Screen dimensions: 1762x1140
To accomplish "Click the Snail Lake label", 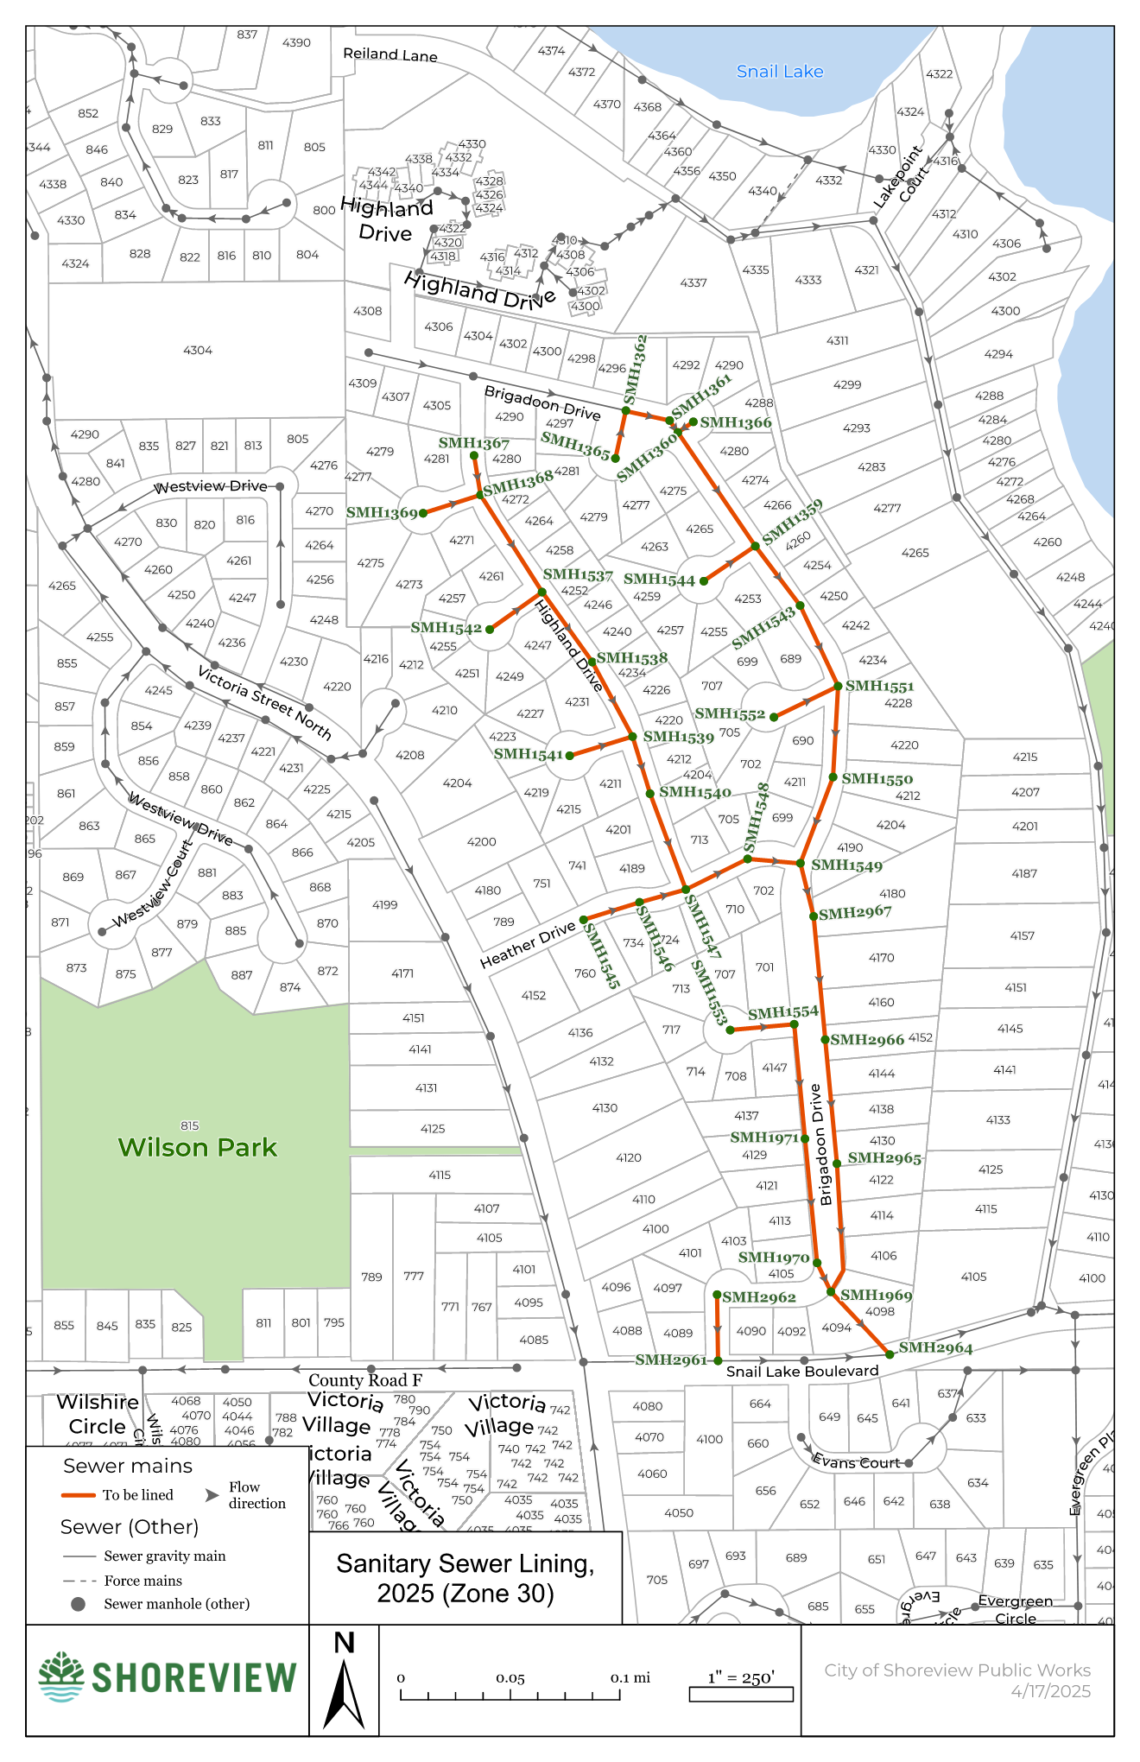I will pyautogui.click(x=779, y=72).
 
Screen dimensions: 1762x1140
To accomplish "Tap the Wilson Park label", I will pyautogui.click(x=197, y=1147).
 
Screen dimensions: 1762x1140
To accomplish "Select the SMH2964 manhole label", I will pyautogui.click(x=935, y=1347).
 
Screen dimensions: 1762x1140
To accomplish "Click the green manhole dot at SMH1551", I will pyautogui.click(x=838, y=686).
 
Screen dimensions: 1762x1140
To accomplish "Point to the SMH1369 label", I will pyautogui.click(x=381, y=512).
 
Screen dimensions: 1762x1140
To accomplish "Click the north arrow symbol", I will pyautogui.click(x=344, y=1684).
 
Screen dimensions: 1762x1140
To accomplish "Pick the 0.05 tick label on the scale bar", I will pyautogui.click(x=510, y=1678).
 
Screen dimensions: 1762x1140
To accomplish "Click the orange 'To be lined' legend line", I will pyautogui.click(x=78, y=1495).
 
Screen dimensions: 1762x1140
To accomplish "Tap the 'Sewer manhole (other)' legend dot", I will pyautogui.click(x=78, y=1604).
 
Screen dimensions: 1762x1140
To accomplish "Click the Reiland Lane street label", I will pyautogui.click(x=390, y=54).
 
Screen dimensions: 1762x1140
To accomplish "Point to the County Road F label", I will pyautogui.click(x=365, y=1380).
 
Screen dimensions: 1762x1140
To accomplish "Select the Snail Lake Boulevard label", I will pyautogui.click(x=801, y=1372).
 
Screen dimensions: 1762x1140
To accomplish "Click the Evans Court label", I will pyautogui.click(x=856, y=1461).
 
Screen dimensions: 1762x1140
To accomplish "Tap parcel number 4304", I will pyautogui.click(x=198, y=350).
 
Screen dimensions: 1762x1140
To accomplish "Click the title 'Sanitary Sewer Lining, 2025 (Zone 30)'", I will pyautogui.click(x=465, y=1578).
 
